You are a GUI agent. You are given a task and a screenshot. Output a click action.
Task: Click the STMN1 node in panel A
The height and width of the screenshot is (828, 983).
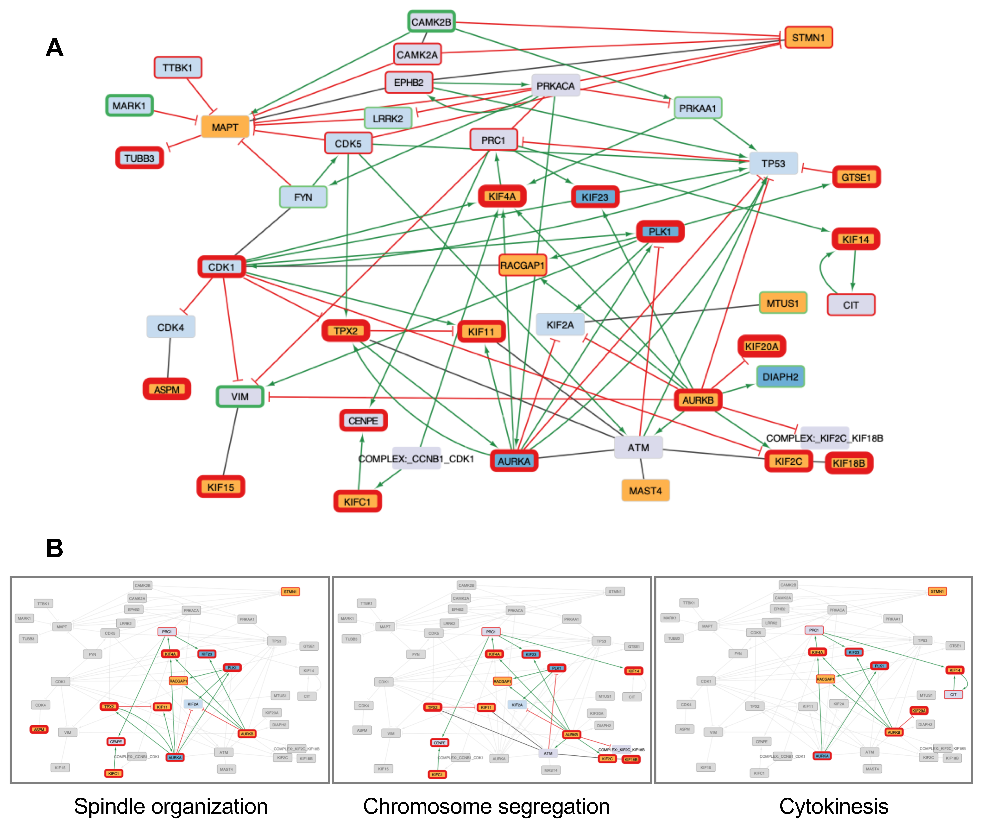click(808, 38)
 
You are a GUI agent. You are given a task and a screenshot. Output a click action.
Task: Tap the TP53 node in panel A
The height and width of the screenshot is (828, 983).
click(773, 163)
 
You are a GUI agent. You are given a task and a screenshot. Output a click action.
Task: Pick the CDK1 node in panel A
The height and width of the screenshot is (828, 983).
click(221, 267)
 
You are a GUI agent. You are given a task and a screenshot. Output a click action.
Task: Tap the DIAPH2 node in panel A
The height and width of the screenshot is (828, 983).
click(780, 376)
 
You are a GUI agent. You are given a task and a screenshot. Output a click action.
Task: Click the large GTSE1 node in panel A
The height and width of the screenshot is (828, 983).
click(856, 177)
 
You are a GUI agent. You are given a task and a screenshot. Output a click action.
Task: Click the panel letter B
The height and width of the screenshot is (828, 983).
click(54, 548)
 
